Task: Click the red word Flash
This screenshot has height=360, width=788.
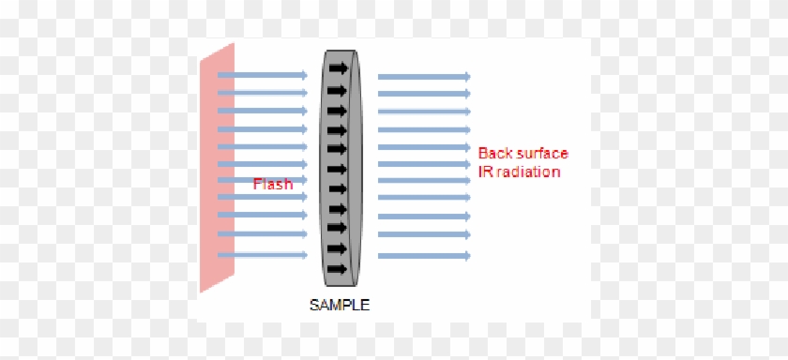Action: coord(273,185)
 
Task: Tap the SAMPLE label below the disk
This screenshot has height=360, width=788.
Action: coord(339,304)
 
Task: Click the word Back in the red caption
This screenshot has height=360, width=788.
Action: coord(496,153)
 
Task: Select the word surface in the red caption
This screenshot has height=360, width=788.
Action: coord(542,153)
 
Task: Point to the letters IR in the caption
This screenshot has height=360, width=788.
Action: coord(485,172)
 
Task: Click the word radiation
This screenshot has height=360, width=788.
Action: coord(530,172)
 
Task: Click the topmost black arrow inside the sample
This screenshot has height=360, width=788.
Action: coord(338,68)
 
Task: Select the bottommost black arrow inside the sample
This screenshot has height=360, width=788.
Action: coord(338,269)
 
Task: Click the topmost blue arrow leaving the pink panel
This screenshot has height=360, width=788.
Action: coord(263,75)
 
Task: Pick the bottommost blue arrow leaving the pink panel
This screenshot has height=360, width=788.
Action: coord(263,254)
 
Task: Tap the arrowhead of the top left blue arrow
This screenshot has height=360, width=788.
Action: coord(303,75)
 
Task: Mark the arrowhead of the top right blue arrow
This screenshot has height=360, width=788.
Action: coord(465,76)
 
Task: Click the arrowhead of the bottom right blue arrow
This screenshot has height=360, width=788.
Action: coord(465,254)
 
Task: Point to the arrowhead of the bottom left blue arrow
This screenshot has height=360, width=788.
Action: coord(303,254)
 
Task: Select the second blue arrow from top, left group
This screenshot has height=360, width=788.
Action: coord(263,93)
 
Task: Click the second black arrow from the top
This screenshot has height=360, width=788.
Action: coord(338,89)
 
